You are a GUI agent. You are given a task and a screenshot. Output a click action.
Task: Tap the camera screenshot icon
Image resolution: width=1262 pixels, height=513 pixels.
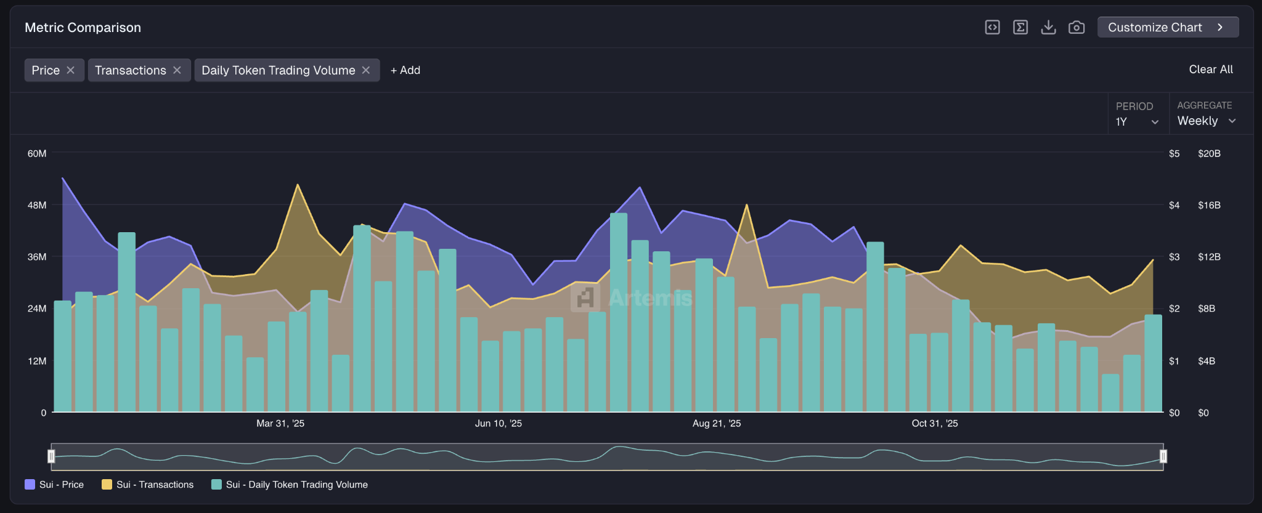point(1076,27)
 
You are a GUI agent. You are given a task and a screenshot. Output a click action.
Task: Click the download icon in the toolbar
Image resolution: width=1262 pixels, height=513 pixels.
point(1048,27)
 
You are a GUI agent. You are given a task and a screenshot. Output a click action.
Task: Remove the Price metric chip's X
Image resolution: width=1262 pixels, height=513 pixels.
point(71,70)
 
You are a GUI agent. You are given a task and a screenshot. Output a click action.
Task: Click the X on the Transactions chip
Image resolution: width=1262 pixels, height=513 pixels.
point(177,70)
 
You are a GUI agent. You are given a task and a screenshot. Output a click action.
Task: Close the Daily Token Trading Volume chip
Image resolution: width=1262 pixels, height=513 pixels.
point(366,70)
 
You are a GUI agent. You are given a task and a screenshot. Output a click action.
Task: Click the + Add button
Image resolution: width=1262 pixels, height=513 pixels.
point(405,70)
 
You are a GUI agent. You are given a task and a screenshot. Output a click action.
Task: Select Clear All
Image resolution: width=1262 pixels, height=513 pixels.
point(1210,70)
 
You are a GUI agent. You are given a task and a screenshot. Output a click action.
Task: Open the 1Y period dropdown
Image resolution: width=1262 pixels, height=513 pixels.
point(1137,122)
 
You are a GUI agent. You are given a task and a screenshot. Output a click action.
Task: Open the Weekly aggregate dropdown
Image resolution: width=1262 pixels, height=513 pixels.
point(1206,121)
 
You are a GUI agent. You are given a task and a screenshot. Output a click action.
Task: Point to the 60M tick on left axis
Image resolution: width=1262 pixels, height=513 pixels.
point(37,153)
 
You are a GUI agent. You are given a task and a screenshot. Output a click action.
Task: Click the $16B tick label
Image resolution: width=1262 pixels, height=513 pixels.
point(1208,205)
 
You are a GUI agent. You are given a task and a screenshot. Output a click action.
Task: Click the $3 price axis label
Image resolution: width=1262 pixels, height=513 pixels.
point(1174,257)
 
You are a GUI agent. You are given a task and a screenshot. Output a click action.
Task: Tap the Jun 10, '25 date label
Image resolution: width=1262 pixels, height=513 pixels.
point(498,423)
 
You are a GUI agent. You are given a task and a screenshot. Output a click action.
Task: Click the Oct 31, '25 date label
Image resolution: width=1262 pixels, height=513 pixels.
point(934,423)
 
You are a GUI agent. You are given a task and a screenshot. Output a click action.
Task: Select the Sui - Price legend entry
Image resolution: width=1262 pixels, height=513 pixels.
point(54,485)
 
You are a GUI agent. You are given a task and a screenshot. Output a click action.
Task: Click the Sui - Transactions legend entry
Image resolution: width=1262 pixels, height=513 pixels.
point(148,485)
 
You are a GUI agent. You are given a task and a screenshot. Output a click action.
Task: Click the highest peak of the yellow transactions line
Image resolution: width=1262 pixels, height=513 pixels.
point(298,185)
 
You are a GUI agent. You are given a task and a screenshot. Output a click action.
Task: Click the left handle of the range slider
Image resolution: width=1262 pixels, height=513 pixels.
point(51,456)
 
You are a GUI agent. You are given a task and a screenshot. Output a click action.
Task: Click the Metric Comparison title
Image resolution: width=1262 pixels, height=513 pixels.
point(83,28)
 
